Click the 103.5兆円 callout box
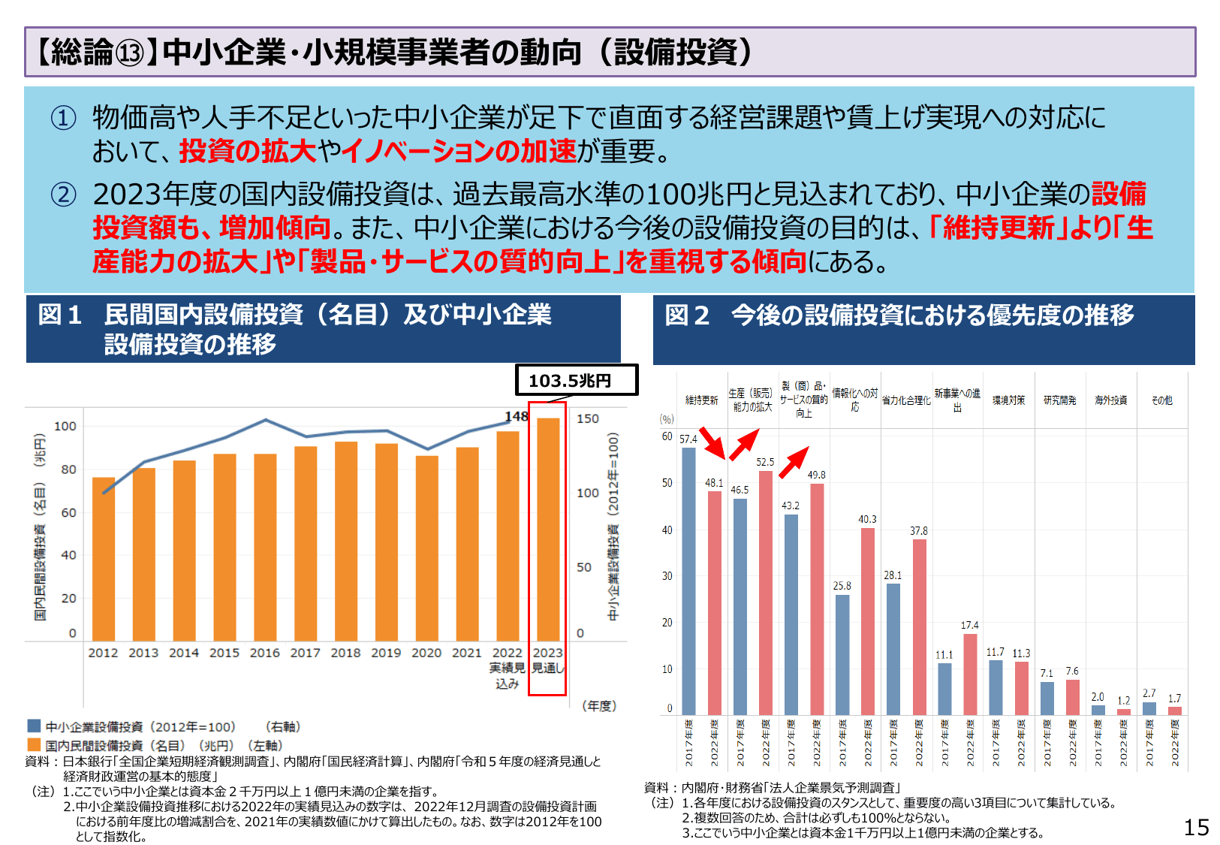tap(576, 380)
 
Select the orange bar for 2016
tap(265, 547)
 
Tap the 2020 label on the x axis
tap(426, 653)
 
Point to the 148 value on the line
tap(516, 416)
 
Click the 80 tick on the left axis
tap(68, 469)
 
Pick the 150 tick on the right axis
tap(587, 418)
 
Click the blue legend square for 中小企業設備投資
tap(34, 726)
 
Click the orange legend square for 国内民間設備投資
tap(34, 744)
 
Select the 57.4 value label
tap(688, 439)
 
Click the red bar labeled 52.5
tap(765, 592)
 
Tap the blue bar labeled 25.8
tap(842, 653)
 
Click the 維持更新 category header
tap(701, 400)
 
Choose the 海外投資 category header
tap(1110, 400)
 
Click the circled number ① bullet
tap(63, 118)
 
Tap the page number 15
tap(1196, 827)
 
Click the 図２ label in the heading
tap(686, 315)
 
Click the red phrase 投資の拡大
tap(248, 152)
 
